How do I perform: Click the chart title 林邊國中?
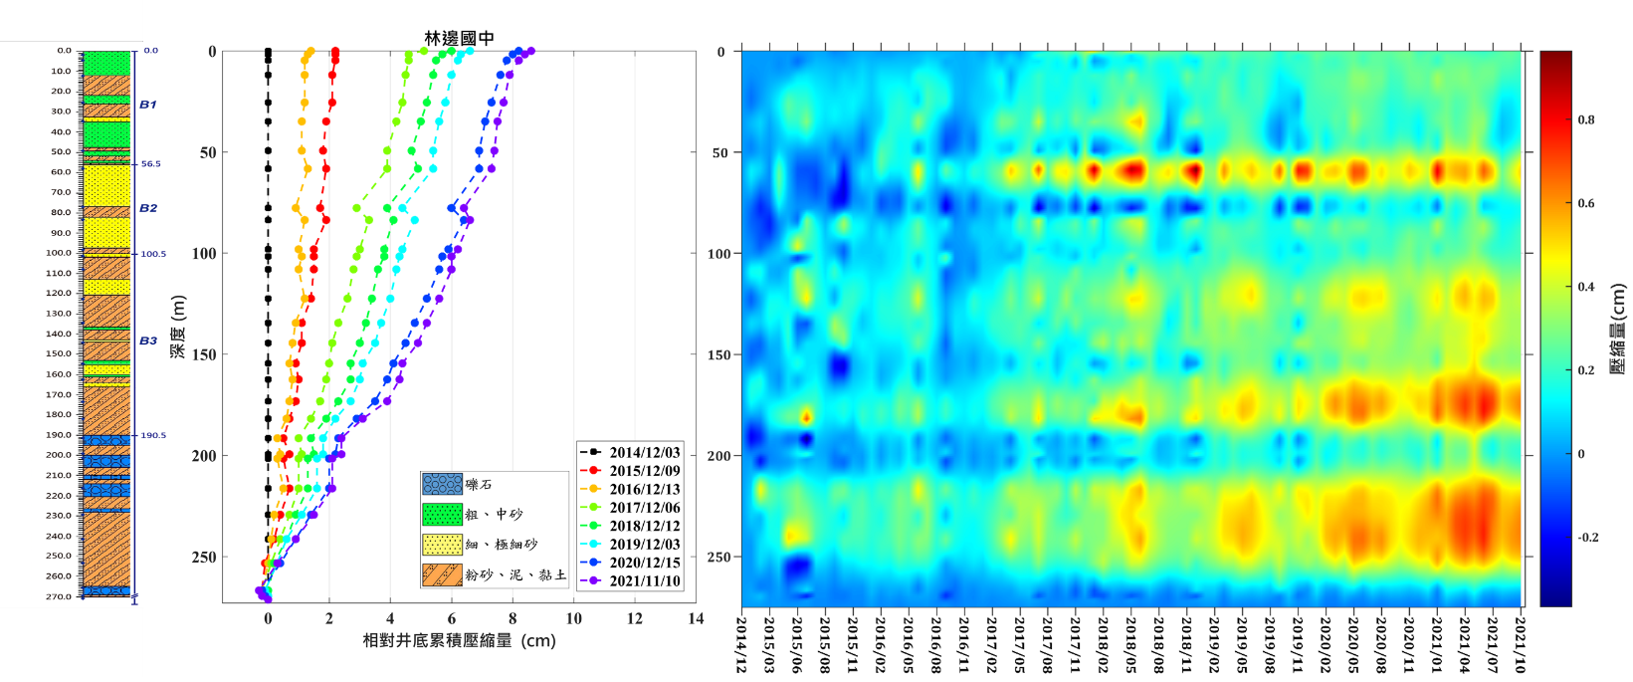tap(459, 38)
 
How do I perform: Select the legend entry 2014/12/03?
tap(645, 452)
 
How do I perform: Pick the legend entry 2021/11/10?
tap(645, 580)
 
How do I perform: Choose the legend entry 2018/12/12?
tap(645, 526)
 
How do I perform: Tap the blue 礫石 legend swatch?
tap(442, 484)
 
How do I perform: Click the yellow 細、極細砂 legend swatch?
tap(442, 545)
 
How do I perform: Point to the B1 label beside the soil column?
tap(147, 105)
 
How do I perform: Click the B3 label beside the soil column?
tap(147, 341)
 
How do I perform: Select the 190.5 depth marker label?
tap(153, 435)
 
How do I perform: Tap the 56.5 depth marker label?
tap(150, 163)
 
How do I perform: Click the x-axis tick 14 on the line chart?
tap(696, 619)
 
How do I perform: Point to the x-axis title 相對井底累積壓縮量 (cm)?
tap(459, 640)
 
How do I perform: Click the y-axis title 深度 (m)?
tap(178, 327)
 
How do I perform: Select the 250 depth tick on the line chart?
tap(203, 558)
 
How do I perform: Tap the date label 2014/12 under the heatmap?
tap(741, 644)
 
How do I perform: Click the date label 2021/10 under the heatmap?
tap(1520, 644)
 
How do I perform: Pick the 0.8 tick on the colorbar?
tap(1586, 119)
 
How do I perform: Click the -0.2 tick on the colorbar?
tap(1588, 538)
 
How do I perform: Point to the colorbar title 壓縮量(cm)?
tap(1617, 329)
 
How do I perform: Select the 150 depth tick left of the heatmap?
tap(720, 354)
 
